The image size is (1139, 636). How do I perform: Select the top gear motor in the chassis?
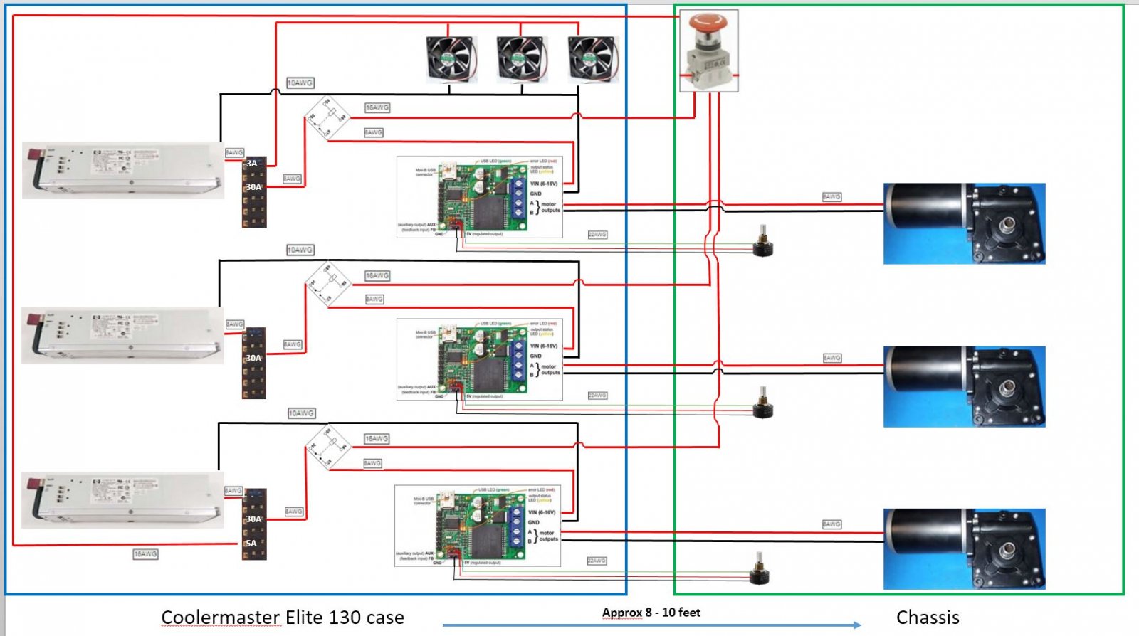pos(964,223)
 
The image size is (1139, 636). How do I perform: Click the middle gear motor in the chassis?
pos(964,386)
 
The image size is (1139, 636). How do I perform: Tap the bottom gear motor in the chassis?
pos(964,548)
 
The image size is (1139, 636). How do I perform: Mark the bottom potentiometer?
pos(761,570)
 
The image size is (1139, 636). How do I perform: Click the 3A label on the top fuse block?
pos(252,164)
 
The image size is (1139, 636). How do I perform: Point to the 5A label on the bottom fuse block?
pos(251,544)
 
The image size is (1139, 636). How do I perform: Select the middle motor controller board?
pos(480,359)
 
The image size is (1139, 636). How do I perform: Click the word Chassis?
pos(928,618)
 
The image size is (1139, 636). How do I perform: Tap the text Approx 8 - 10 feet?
pos(651,613)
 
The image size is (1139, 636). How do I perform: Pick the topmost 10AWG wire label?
pos(300,83)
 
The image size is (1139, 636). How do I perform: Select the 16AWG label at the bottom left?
pos(145,554)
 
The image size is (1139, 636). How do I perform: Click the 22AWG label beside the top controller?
pos(597,235)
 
